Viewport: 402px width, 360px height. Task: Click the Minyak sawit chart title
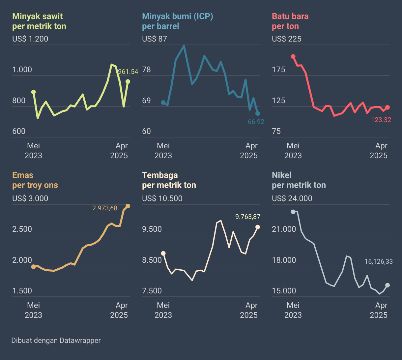pos(39,21)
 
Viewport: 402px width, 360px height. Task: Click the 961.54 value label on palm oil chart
pos(128,72)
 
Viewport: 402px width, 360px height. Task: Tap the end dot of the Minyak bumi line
pos(258,113)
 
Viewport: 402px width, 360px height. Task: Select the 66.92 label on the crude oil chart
pos(256,122)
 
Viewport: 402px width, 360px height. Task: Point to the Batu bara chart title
pos(290,21)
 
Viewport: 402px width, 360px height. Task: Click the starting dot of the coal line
pos(293,56)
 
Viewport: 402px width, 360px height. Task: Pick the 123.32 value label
pos(381,120)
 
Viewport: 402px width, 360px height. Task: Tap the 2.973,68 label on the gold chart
pos(105,208)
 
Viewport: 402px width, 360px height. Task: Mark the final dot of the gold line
pos(128,206)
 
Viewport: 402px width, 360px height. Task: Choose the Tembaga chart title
pos(169,180)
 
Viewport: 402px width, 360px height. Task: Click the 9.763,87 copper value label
pos(248,217)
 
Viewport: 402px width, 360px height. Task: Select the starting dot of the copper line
pos(163,253)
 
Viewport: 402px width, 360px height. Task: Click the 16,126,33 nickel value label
pos(379,261)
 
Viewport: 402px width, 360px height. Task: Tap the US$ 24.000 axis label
pos(292,198)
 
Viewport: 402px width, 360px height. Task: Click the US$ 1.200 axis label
pos(30,39)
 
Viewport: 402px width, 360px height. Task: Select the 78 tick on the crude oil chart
pos(147,70)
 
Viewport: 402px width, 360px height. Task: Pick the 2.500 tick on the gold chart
pos(22,229)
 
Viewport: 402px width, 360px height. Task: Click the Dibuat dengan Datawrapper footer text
pos(56,340)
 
